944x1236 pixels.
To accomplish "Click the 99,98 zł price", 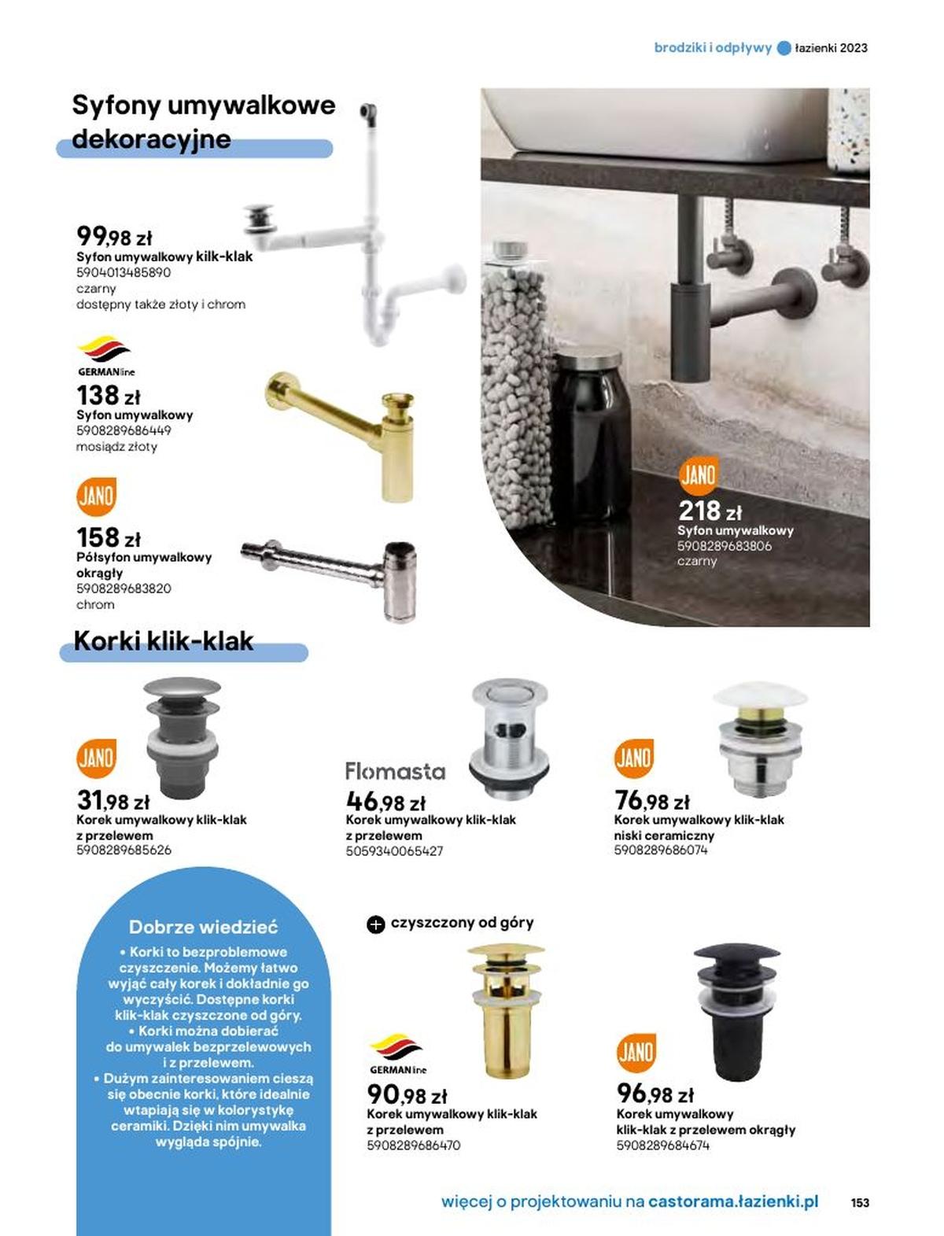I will [x=114, y=236].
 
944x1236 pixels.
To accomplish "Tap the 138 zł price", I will [x=109, y=395].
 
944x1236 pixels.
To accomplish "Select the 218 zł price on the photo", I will [x=710, y=511].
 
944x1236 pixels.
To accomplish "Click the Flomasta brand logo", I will [x=395, y=772].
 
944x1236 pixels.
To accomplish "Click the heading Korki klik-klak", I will [x=164, y=641].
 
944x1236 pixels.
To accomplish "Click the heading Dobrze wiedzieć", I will [x=203, y=927].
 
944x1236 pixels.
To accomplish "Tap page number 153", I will [x=860, y=1202].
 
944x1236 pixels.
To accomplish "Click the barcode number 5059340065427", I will [x=394, y=851].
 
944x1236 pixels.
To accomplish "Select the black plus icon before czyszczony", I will [x=376, y=924].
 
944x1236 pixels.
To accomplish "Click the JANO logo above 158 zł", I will [x=96, y=496].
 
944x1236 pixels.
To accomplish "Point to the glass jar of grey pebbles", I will [x=517, y=386].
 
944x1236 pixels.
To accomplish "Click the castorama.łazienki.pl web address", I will [x=733, y=1201].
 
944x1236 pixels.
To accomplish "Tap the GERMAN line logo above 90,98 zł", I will [x=397, y=1054].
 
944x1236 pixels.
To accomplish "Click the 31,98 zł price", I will [x=112, y=801].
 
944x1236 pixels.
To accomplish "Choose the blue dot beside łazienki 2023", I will [x=784, y=48].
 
